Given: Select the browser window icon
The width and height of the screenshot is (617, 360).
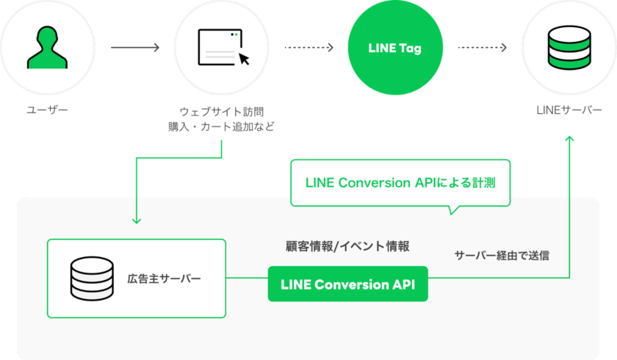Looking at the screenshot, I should [221, 46].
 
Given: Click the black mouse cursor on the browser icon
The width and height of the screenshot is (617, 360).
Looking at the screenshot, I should [243, 59].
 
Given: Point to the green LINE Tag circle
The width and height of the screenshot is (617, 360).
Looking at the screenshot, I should [395, 48].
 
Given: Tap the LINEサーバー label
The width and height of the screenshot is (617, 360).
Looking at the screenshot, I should [569, 110].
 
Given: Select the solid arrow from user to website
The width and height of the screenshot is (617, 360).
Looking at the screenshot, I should [135, 48].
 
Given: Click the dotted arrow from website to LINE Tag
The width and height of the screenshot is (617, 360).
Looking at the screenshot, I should [308, 48].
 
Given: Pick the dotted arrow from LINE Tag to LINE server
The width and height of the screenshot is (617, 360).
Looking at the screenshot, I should [483, 48].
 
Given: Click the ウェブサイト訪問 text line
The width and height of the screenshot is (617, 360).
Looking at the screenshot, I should [221, 111].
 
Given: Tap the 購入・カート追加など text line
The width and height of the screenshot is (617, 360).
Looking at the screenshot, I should [221, 126].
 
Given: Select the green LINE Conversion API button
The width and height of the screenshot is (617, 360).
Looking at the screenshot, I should [347, 285].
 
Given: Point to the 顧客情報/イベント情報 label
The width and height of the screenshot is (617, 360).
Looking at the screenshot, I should [347, 246].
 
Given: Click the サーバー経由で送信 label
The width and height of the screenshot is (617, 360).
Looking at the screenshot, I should [502, 256].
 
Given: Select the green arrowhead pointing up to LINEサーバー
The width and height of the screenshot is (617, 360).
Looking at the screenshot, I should [569, 139].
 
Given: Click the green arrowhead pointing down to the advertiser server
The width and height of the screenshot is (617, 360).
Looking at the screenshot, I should [135, 220].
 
